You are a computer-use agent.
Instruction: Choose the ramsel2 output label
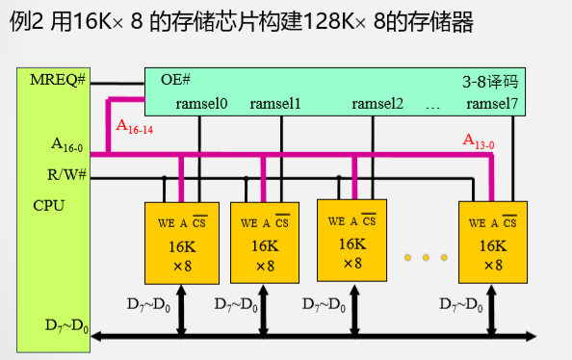pyautogui.click(x=377, y=103)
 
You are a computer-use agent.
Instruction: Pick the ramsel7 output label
pyautogui.click(x=491, y=103)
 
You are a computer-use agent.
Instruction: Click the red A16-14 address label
pyautogui.click(x=135, y=126)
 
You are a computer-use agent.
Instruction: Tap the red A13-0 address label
pyautogui.click(x=478, y=143)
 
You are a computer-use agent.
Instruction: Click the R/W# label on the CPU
pyautogui.click(x=67, y=175)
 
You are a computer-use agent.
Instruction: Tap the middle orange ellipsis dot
pyautogui.click(x=426, y=258)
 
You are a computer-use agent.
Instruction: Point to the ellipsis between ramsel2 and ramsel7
pyautogui.click(x=431, y=104)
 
